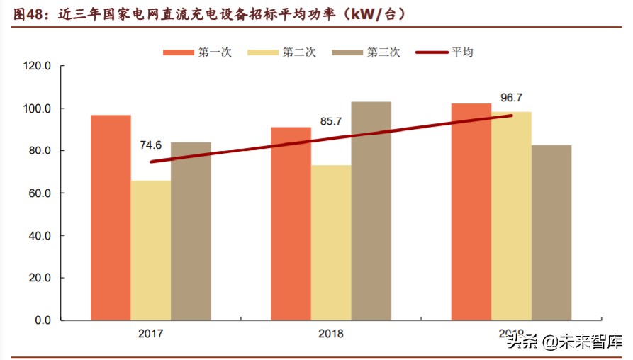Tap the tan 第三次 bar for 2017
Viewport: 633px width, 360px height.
tap(191, 231)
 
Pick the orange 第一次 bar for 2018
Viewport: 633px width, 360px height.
tap(291, 224)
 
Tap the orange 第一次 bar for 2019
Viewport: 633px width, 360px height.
tap(471, 212)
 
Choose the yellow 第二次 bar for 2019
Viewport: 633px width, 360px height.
tap(511, 216)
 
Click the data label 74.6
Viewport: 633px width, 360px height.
tap(150, 145)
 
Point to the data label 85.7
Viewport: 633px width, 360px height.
tap(331, 121)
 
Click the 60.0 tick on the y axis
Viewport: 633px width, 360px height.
tap(40, 193)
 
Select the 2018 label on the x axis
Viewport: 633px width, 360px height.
tap(331, 334)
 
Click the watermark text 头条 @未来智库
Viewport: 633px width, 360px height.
tap(564, 344)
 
